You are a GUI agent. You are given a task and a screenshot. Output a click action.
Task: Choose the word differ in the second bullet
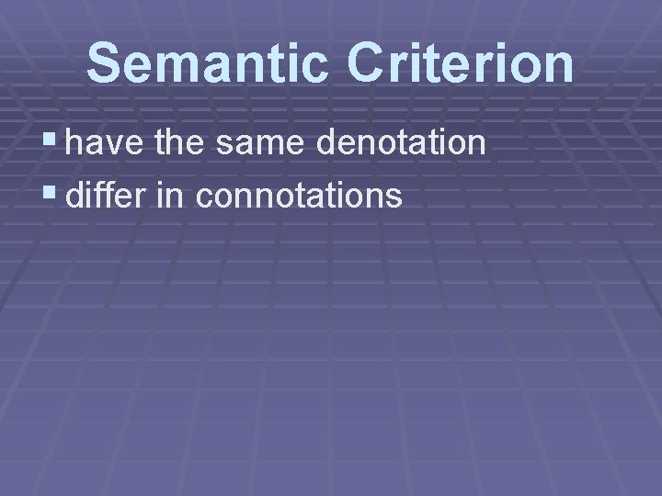tap(102, 194)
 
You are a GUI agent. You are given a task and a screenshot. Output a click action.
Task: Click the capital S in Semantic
tap(105, 62)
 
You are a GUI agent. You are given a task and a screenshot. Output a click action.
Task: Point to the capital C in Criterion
tap(368, 62)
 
